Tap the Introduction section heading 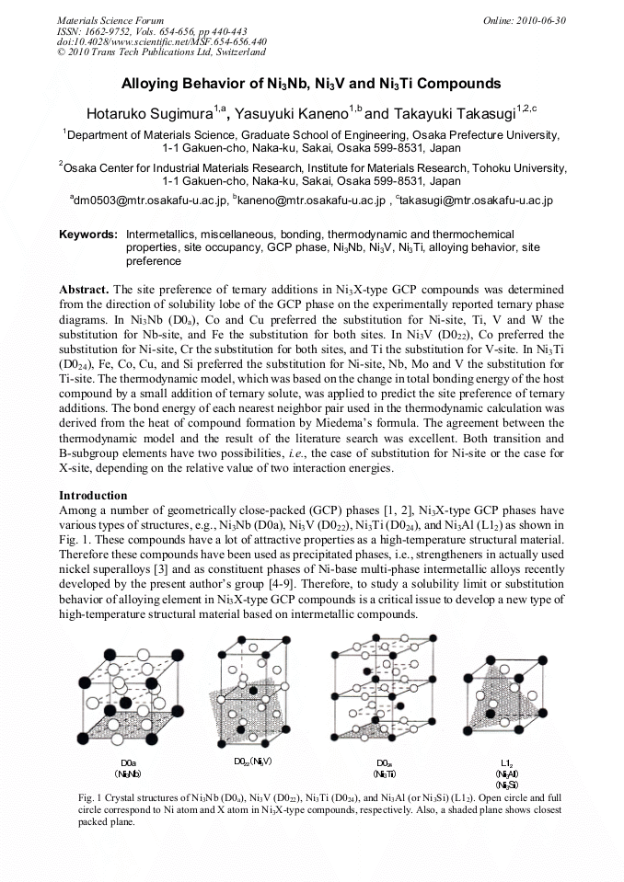[93, 495]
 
